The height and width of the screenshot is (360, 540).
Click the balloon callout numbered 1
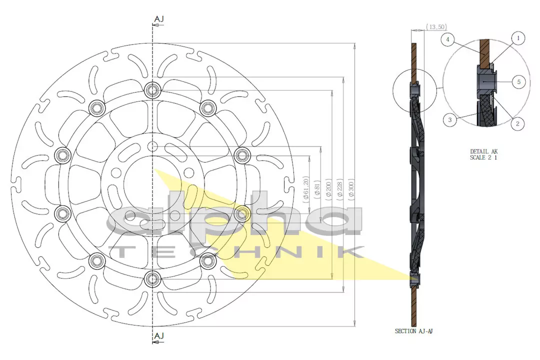[x=518, y=38]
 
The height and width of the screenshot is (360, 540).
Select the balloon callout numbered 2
[x=518, y=123]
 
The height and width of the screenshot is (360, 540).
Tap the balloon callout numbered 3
[x=450, y=119]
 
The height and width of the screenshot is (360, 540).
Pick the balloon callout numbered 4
[x=449, y=39]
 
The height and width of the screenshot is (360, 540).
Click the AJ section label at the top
[x=158, y=19]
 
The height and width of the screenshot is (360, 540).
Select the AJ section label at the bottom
[x=158, y=336]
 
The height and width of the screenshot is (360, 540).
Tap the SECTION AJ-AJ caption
[x=413, y=331]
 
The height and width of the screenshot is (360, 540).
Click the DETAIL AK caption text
[x=483, y=151]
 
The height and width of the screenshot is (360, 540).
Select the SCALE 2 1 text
[x=483, y=157]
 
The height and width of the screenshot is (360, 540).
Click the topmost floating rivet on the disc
[x=151, y=90]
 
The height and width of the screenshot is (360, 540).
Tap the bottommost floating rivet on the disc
[x=151, y=279]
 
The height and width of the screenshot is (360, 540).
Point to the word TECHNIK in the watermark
[x=235, y=251]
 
